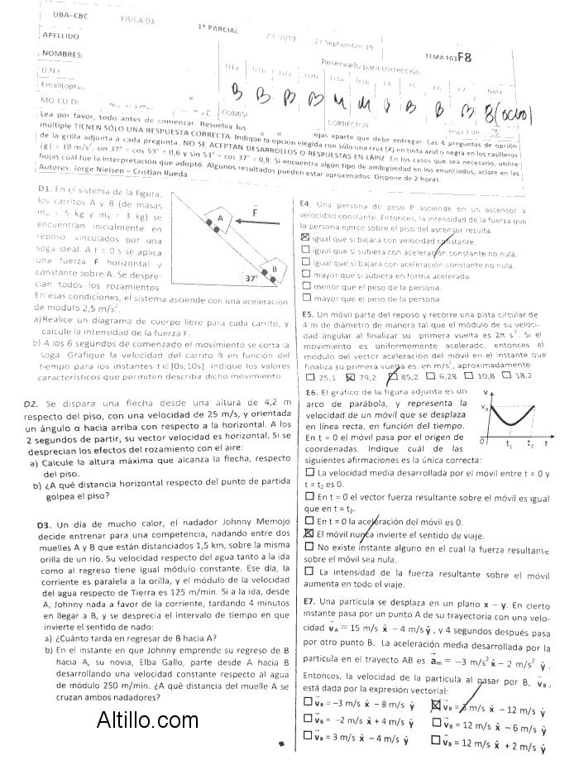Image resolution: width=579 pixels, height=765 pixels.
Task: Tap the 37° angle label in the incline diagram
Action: (x=252, y=278)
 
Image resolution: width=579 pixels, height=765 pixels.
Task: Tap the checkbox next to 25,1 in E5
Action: (x=309, y=376)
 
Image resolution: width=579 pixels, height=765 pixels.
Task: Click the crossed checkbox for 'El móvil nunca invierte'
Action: (x=309, y=534)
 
